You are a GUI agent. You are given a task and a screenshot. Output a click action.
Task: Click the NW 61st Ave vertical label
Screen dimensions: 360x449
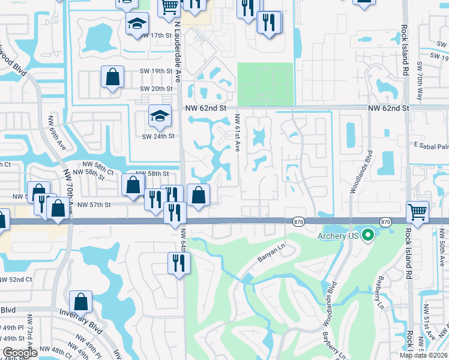click(x=238, y=133)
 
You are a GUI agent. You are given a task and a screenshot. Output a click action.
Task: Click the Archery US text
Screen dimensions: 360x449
click(x=339, y=236)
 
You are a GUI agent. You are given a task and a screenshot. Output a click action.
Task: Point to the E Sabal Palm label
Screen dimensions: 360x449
click(x=429, y=145)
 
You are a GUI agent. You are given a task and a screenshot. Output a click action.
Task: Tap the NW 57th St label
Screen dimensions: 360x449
click(x=94, y=205)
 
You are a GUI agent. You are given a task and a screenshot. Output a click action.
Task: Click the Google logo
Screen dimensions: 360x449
click(x=20, y=353)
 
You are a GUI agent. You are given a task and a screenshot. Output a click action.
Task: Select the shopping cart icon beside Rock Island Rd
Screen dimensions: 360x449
click(x=417, y=211)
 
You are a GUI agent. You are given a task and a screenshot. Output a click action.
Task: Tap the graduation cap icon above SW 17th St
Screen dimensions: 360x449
click(x=137, y=25)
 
